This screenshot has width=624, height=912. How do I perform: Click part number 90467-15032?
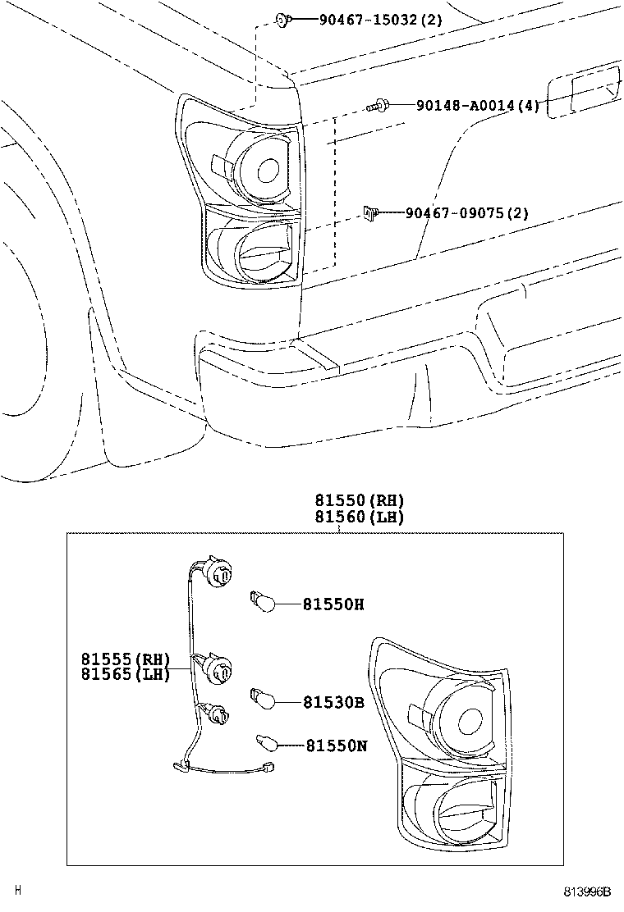(379, 19)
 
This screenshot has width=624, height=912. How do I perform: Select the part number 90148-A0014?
(476, 105)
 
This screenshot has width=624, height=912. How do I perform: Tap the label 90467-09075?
(466, 214)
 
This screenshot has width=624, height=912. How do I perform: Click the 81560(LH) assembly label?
(359, 518)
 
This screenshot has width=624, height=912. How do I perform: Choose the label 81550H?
(333, 604)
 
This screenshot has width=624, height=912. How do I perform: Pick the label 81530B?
(333, 702)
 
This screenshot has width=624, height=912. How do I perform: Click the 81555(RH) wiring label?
(125, 659)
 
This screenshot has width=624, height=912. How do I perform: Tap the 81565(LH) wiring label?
(125, 674)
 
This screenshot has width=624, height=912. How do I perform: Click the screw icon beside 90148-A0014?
(378, 105)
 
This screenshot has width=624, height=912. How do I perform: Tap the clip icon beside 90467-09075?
(370, 214)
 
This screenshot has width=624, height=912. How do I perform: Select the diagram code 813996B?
(588, 891)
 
